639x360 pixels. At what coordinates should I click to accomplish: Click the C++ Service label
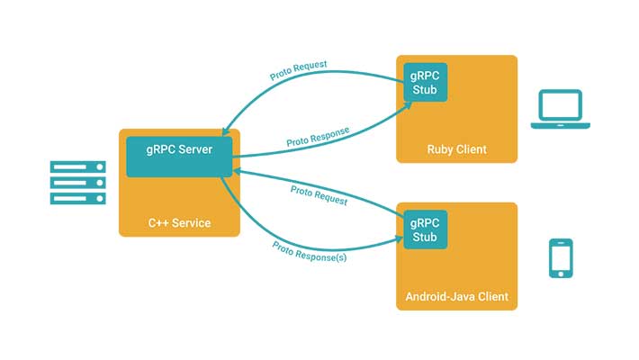coord(179,222)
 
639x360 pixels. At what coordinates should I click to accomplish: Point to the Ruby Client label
coord(457,148)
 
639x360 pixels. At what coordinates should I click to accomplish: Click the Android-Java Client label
coord(457,296)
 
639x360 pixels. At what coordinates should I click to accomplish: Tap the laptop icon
coord(560,110)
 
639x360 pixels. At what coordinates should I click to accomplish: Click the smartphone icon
coord(562,258)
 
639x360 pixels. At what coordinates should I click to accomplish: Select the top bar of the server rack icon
coord(77,166)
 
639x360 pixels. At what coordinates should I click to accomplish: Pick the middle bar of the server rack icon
coord(77,183)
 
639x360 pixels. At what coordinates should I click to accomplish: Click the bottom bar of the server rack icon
coord(77,198)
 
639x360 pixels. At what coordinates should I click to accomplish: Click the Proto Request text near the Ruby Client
coord(300,72)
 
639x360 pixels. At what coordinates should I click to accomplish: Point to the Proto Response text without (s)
coord(318,136)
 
